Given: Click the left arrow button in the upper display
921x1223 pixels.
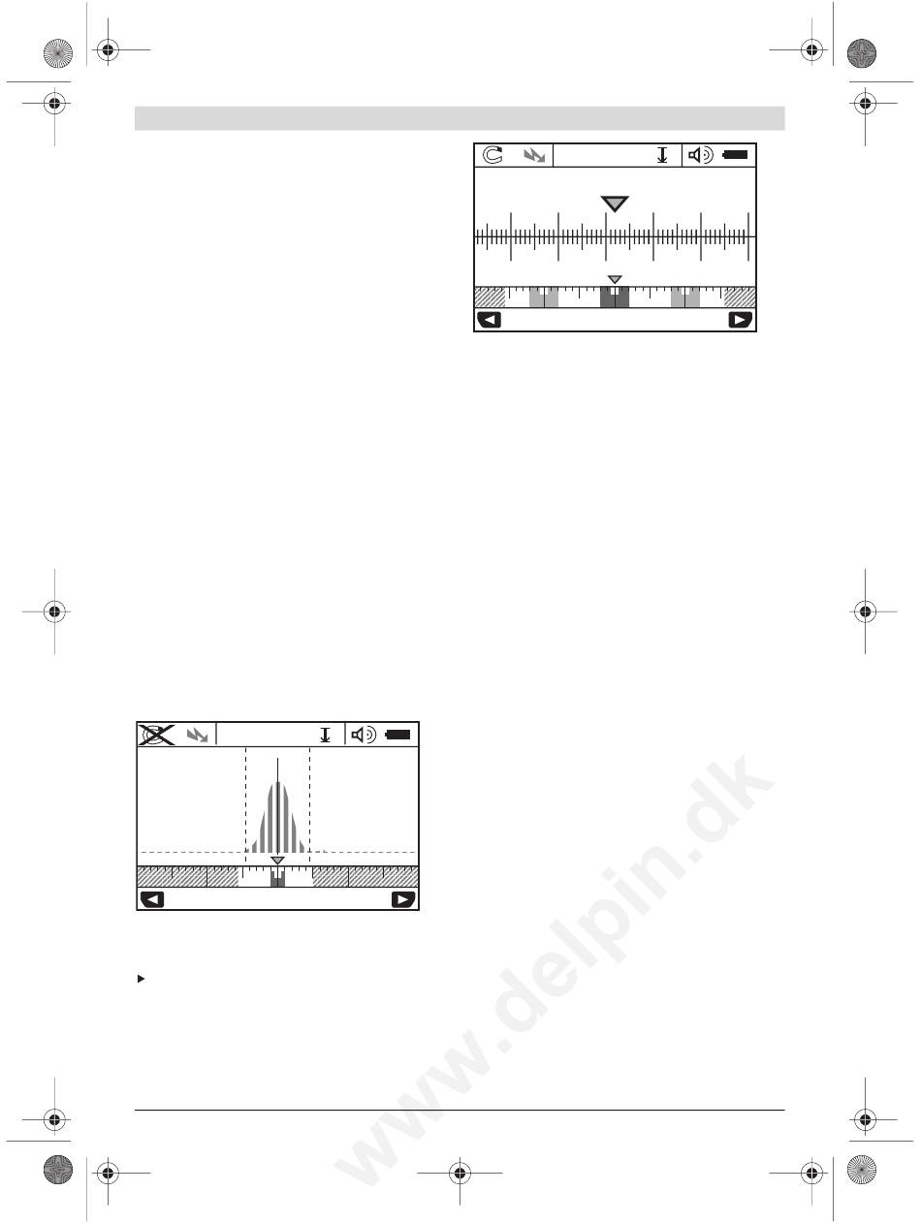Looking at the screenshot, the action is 489,320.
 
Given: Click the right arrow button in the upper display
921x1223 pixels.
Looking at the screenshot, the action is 740,320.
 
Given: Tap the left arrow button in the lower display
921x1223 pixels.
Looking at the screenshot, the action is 151,900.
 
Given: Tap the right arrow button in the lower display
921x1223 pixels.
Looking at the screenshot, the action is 403,900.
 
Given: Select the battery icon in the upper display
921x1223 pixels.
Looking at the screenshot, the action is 735,155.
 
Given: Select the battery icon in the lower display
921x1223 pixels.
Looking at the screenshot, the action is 397,735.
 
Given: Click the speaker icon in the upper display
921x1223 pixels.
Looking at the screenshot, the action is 700,155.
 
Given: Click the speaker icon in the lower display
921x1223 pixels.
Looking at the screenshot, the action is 364,735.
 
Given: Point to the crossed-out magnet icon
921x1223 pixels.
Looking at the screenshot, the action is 156,735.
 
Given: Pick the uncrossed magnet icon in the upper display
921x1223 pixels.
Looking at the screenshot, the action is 492,155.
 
